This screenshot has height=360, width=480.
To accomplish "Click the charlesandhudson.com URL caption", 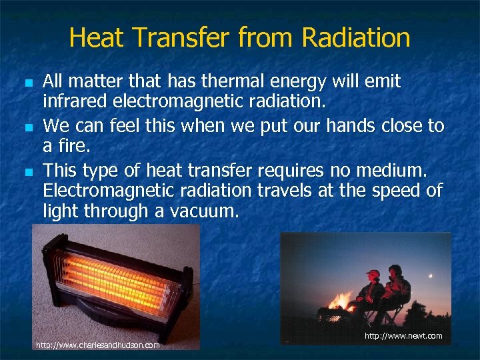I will [97, 345].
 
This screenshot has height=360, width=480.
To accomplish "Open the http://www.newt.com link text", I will [403, 335].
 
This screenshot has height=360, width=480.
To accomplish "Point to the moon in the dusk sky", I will [430, 275].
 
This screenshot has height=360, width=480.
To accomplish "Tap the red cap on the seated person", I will [373, 273].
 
